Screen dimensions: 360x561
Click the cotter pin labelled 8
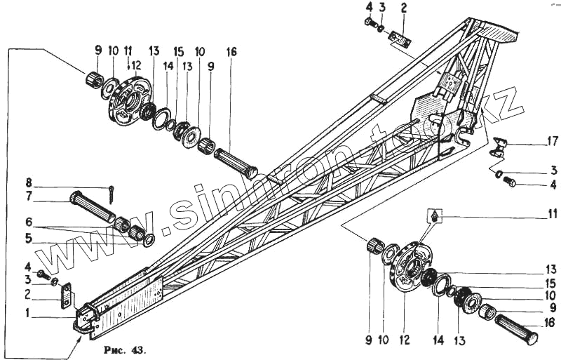point(112,189)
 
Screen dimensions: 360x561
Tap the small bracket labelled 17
point(499,147)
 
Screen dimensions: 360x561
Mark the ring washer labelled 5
point(149,241)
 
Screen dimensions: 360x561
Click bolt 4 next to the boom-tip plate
point(43,272)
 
